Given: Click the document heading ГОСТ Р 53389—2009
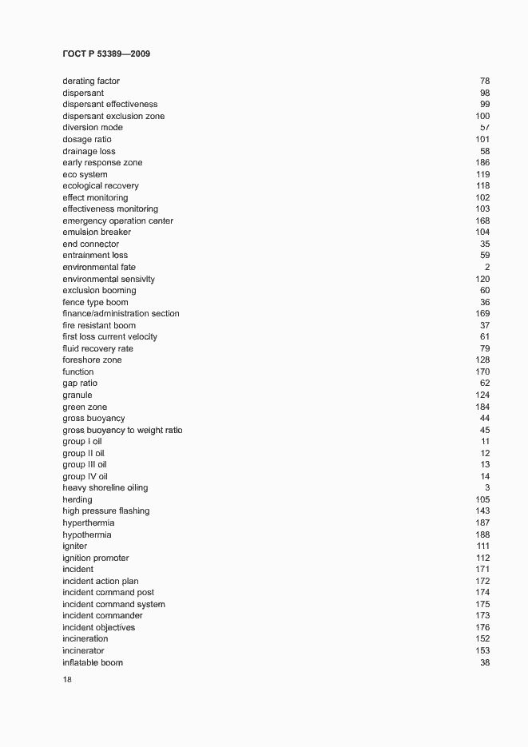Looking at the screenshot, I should pyautogui.click(x=105, y=54).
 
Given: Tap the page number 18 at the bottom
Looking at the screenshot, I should pyautogui.click(x=67, y=680).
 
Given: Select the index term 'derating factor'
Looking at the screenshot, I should pyautogui.click(x=91, y=81).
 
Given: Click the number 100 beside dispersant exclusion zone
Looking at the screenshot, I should pyautogui.click(x=482, y=117).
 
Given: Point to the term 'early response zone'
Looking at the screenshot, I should pyautogui.click(x=102, y=163).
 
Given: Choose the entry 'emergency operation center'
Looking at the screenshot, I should pyautogui.click(x=117, y=221).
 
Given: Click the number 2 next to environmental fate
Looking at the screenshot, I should pyautogui.click(x=487, y=268).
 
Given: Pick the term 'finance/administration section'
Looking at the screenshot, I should pyautogui.click(x=121, y=314).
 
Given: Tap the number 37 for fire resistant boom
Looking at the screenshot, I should pyautogui.click(x=485, y=326).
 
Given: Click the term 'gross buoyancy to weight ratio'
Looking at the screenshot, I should pyautogui.click(x=122, y=431).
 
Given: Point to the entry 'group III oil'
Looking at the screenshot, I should pyautogui.click(x=85, y=465).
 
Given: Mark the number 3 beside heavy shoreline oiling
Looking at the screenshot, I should pyautogui.click(x=487, y=488).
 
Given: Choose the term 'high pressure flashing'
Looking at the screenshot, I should pyautogui.click(x=105, y=511).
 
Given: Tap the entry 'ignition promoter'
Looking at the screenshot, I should pyautogui.click(x=95, y=558).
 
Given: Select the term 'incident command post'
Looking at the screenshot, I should pyautogui.click(x=108, y=593).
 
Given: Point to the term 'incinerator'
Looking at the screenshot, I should pyautogui.click(x=83, y=651).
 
